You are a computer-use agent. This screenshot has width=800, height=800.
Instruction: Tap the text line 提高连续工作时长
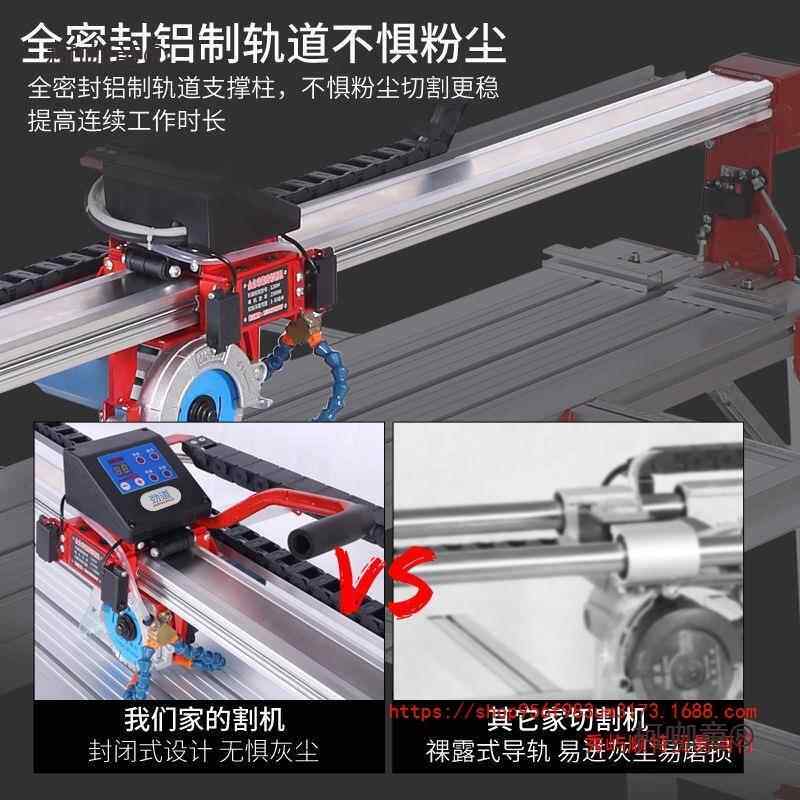click(x=127, y=122)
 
